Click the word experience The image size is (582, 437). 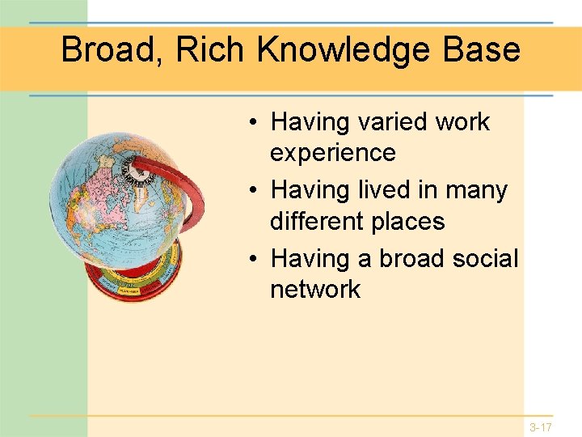333,153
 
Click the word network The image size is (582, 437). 315,290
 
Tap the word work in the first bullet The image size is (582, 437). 462,122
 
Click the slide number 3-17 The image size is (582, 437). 541,426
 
